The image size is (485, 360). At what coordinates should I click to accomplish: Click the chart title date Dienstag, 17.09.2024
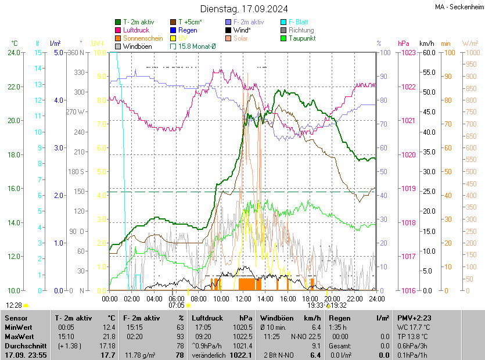click(x=244, y=9)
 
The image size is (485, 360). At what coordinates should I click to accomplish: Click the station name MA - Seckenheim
click(x=459, y=7)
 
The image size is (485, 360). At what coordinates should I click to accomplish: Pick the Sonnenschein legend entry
click(x=143, y=38)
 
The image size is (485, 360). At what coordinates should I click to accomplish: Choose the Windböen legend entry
click(x=137, y=46)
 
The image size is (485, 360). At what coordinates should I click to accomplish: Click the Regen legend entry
click(x=187, y=30)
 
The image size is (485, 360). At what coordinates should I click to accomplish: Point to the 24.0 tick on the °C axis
click(x=13, y=52)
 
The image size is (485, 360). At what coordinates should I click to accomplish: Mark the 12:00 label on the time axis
click(x=243, y=298)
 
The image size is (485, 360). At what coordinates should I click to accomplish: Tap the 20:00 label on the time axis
click(x=332, y=298)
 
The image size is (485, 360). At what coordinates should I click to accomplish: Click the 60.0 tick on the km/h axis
click(x=428, y=52)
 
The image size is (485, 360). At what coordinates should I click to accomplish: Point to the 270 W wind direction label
click(x=76, y=111)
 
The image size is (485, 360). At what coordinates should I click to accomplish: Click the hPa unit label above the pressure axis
click(x=403, y=44)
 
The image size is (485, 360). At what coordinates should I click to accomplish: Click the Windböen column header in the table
click(x=276, y=318)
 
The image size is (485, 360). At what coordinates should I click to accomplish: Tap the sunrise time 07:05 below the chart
click(x=177, y=304)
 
